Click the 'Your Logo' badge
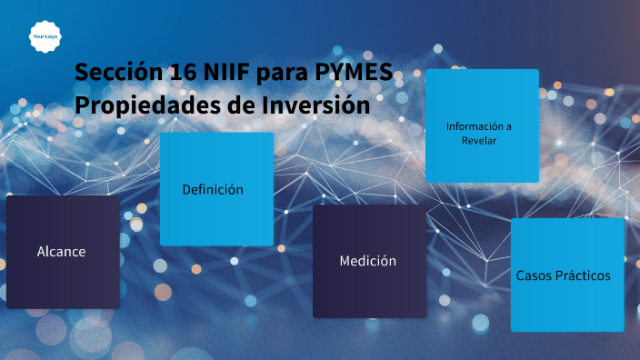45,36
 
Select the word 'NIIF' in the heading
227,72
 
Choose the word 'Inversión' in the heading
315,105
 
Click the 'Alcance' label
62,251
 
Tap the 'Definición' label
213,189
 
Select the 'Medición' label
368,261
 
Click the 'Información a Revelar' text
479,133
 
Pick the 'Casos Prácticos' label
564,275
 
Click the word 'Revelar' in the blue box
479,141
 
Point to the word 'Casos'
534,275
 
